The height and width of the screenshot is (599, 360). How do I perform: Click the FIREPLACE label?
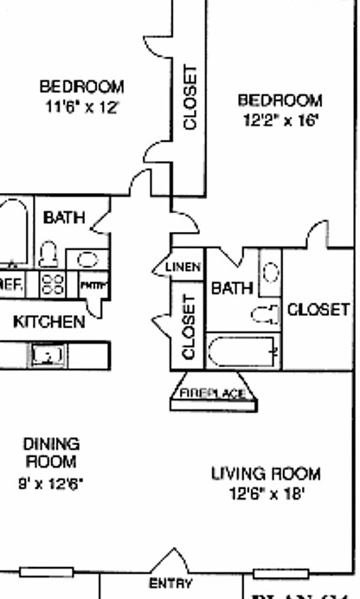coord(217,395)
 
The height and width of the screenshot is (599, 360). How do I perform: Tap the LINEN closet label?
coord(183,267)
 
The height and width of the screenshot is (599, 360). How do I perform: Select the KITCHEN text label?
coord(49,322)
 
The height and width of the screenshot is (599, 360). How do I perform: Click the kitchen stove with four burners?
coord(54,284)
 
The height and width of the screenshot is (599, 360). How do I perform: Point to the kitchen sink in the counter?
coord(45,353)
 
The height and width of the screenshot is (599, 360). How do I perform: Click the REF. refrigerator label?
coord(11,283)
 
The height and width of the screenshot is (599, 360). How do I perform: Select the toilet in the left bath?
coord(48,253)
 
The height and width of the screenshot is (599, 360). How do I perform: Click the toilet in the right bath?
coord(264,312)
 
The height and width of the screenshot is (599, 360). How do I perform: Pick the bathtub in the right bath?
coord(243,351)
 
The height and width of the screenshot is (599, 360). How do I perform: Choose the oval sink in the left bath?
coord(87,258)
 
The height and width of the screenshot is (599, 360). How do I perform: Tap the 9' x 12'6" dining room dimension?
coord(51,481)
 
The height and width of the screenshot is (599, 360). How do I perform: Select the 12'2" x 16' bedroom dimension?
coord(280,122)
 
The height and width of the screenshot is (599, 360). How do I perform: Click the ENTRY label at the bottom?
coord(170,583)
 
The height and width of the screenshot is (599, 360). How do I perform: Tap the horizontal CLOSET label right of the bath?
coord(318,309)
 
